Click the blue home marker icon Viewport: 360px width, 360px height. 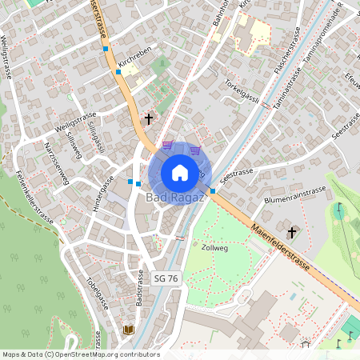(180, 172)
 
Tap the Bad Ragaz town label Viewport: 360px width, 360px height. (172, 197)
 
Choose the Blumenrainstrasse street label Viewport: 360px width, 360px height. (294, 195)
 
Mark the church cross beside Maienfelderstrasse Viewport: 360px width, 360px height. (292, 233)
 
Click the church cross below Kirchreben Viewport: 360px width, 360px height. (148, 119)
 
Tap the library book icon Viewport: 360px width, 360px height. (129, 329)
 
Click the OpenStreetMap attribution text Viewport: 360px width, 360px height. (81, 354)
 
